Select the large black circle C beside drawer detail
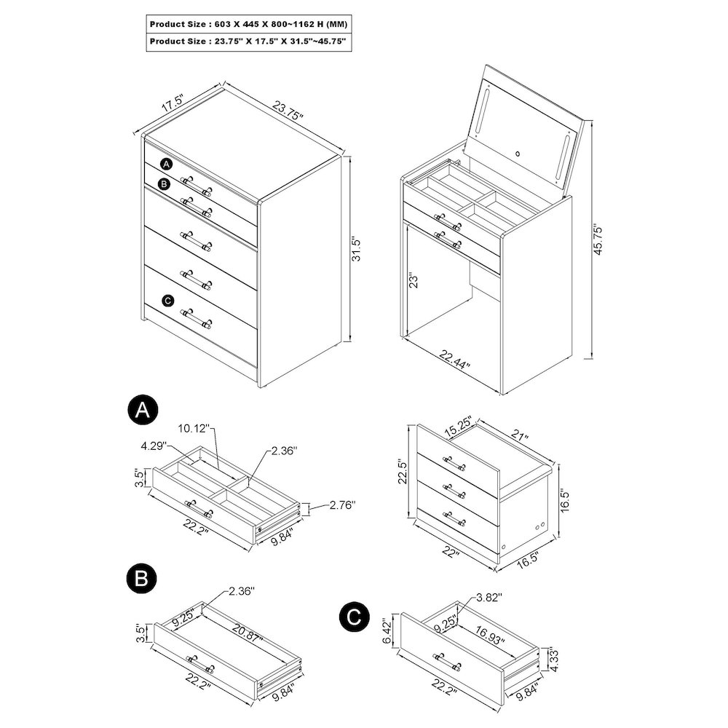click(x=354, y=618)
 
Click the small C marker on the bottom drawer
click(x=168, y=300)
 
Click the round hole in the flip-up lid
click(x=518, y=154)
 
